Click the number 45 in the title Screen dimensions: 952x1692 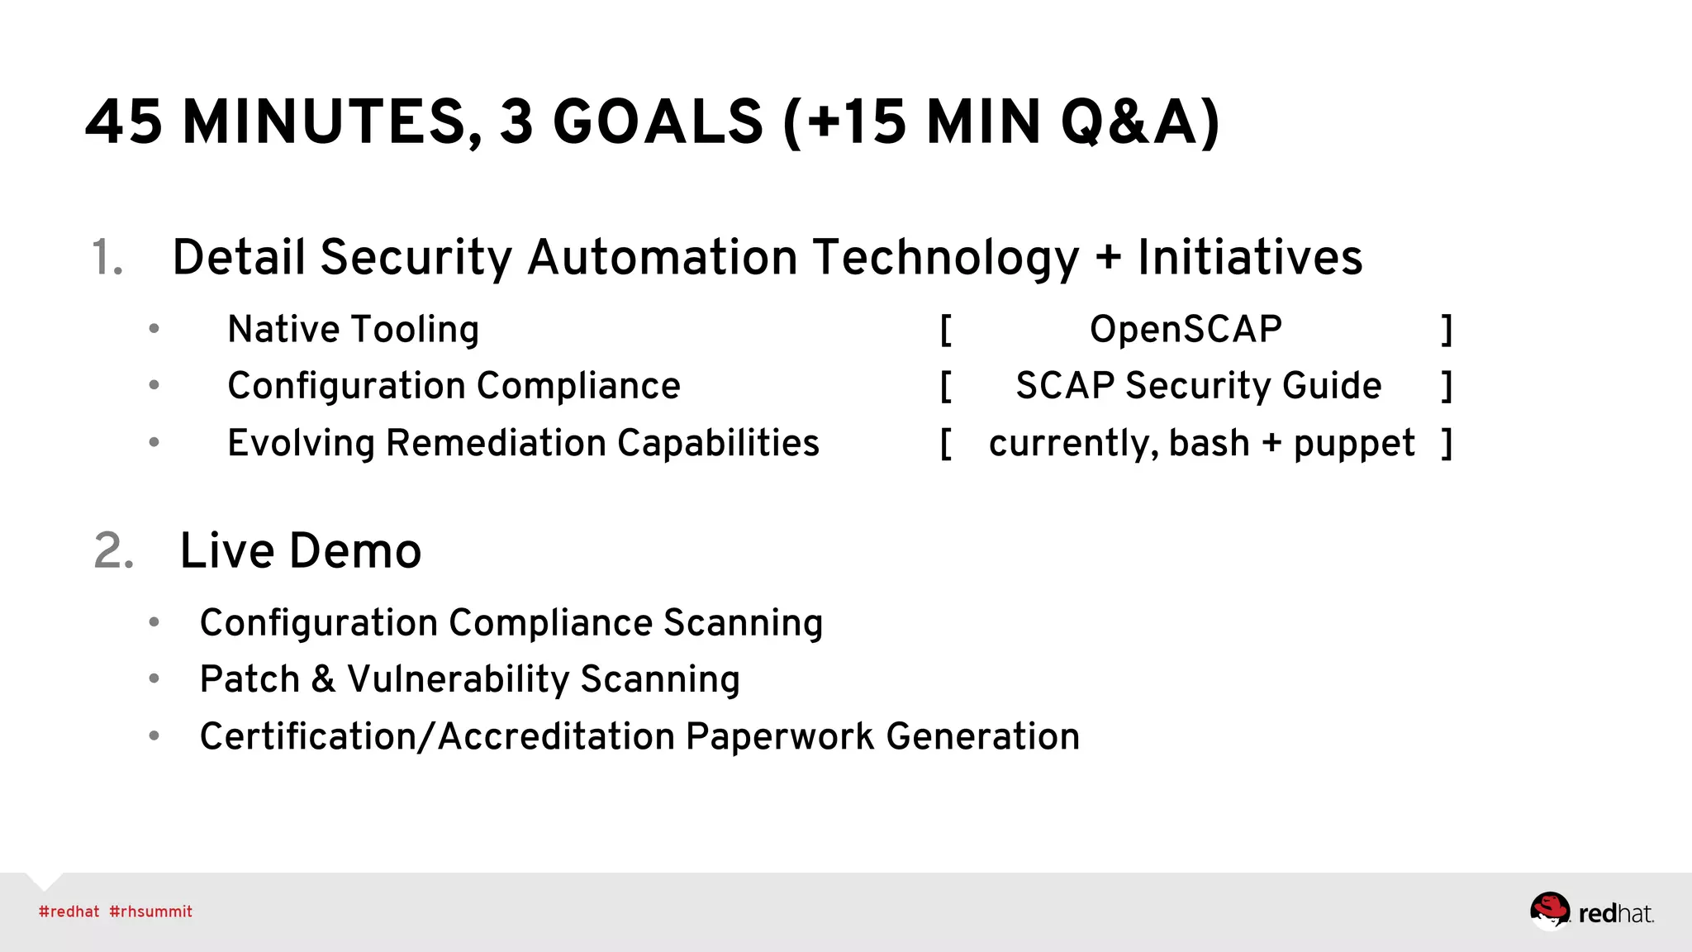(124, 122)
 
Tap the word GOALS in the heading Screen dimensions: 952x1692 (657, 122)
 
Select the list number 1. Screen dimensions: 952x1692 (107, 258)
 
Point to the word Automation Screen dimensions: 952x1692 (662, 258)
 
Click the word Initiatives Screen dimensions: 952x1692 (1249, 258)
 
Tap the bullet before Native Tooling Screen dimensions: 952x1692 (154, 329)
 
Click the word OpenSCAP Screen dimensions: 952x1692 (1186, 329)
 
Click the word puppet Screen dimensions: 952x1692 (1354, 444)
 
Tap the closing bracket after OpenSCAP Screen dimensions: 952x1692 (1447, 329)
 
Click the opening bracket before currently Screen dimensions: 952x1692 (946, 444)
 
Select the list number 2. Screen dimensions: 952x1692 (114, 551)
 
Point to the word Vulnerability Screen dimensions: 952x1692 (458, 679)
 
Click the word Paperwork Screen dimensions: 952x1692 (779, 736)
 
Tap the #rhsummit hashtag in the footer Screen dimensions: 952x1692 (151, 912)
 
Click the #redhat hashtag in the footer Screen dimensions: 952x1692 (69, 912)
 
